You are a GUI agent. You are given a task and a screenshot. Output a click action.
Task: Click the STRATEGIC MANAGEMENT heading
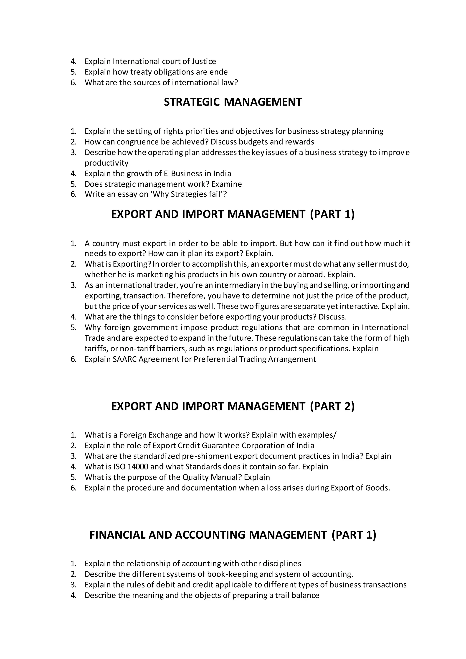(233, 102)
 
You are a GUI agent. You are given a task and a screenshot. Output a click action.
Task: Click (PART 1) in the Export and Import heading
(332, 214)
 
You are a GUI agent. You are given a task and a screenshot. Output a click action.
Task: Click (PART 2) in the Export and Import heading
(332, 406)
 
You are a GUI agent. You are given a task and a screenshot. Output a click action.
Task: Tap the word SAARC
(125, 359)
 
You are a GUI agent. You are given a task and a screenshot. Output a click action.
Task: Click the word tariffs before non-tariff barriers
(96, 349)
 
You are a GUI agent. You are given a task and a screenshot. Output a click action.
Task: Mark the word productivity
(106, 163)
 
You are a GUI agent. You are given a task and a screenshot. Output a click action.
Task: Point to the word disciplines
(282, 563)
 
